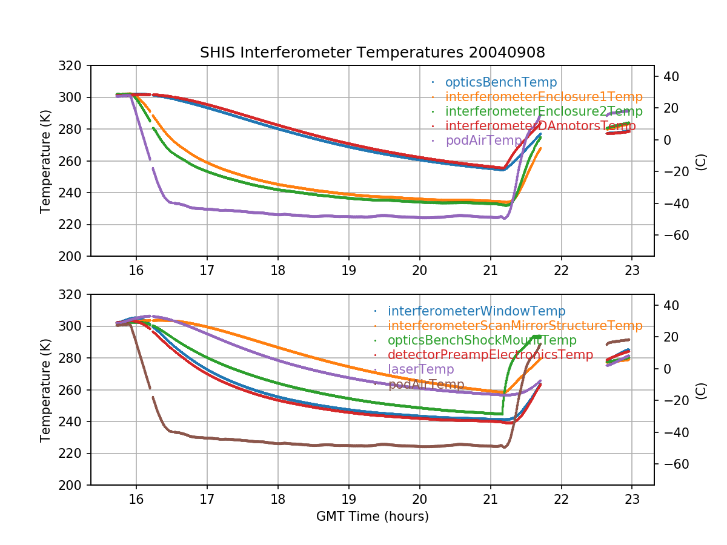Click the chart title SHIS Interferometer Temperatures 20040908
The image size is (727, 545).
(372, 53)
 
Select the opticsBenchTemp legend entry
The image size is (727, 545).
(500, 82)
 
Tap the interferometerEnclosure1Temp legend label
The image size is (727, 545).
(543, 97)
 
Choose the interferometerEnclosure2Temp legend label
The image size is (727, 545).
(543, 111)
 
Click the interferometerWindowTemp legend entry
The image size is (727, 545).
(476, 311)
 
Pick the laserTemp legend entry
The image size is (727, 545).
(420, 369)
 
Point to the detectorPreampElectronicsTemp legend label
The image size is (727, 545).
(490, 355)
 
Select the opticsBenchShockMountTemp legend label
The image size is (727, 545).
(482, 340)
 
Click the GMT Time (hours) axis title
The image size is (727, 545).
(372, 517)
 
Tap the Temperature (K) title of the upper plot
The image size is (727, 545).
(45, 161)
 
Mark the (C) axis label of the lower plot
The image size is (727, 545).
(701, 390)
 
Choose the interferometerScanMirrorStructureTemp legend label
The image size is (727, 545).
(515, 326)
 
